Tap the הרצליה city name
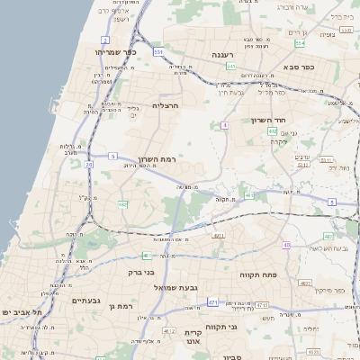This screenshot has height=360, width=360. coord(166,105)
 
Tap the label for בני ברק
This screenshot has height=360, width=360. coord(141,271)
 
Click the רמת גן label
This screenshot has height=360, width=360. coord(119,307)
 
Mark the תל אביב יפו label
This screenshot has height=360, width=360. coord(19,311)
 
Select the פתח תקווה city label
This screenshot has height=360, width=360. coord(257,274)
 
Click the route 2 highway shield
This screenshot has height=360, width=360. coord(105,40)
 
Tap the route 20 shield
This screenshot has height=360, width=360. coord(89,165)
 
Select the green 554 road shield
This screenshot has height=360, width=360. coord(299,42)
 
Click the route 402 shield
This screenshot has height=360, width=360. coord(273,131)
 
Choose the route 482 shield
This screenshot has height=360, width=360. coord(122,205)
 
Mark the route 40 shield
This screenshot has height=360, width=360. coord(286,246)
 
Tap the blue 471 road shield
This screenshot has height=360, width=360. coord(213,302)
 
